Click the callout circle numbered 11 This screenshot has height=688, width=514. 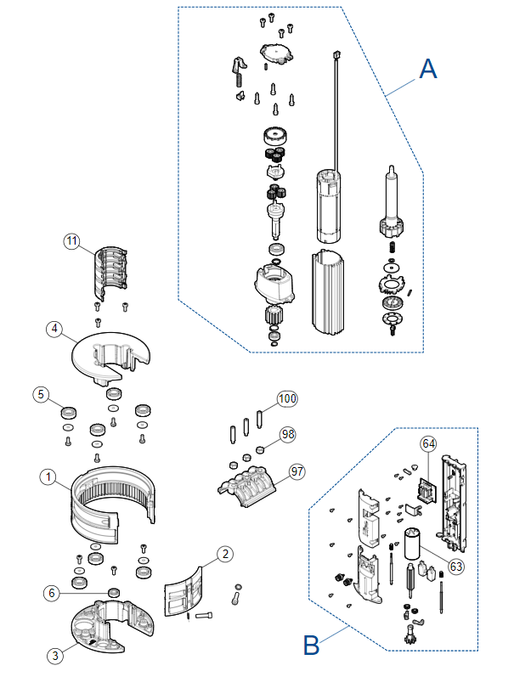pyautogui.click(x=71, y=241)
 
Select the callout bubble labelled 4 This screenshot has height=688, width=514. pyautogui.click(x=54, y=329)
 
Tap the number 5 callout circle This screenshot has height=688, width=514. pyautogui.click(x=41, y=394)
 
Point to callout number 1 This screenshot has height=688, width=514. pyautogui.click(x=48, y=477)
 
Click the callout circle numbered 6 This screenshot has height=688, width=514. pyautogui.click(x=51, y=593)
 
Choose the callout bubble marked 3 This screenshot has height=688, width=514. pyautogui.click(x=55, y=656)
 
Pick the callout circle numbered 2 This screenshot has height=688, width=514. pyautogui.click(x=225, y=554)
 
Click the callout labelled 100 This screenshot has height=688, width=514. pyautogui.click(x=287, y=398)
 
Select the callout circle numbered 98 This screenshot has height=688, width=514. pyautogui.click(x=288, y=434)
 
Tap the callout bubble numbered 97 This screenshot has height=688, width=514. pyautogui.click(x=297, y=471)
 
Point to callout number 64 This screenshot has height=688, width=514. pyautogui.click(x=428, y=443)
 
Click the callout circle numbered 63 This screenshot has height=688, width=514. pyautogui.click(x=456, y=567)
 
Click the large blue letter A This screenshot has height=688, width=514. pyautogui.click(x=428, y=69)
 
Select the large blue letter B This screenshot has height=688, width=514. pyautogui.click(x=311, y=645)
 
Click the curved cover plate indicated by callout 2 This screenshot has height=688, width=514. pyautogui.click(x=183, y=592)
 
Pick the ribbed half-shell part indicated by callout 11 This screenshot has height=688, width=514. pyautogui.click(x=110, y=273)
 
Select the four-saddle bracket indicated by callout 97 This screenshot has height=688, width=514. pyautogui.click(x=246, y=487)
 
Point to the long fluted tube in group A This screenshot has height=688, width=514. pyautogui.click(x=328, y=292)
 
